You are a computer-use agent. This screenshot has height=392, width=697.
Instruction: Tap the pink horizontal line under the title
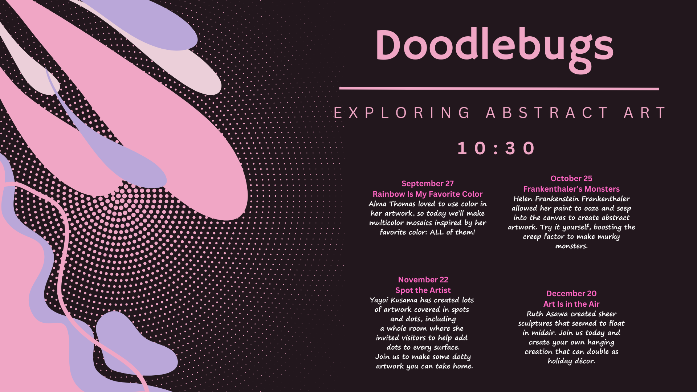click(499, 89)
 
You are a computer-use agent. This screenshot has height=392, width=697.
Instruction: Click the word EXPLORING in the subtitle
click(402, 113)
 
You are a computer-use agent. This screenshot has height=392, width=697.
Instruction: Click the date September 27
click(427, 184)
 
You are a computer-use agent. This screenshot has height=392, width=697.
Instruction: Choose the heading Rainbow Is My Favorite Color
click(427, 194)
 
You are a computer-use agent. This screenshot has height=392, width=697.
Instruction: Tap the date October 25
click(571, 179)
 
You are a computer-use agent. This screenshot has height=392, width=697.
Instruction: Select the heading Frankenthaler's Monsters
click(571, 189)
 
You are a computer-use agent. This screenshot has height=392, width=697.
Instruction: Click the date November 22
click(423, 280)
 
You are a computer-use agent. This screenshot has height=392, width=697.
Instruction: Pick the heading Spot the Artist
click(423, 290)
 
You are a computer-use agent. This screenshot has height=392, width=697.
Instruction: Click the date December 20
click(571, 294)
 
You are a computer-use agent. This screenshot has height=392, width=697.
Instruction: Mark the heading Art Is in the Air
click(571, 304)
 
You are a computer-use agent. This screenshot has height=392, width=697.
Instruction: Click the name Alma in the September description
click(378, 204)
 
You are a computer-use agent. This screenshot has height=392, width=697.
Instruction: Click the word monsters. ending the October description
click(571, 246)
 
